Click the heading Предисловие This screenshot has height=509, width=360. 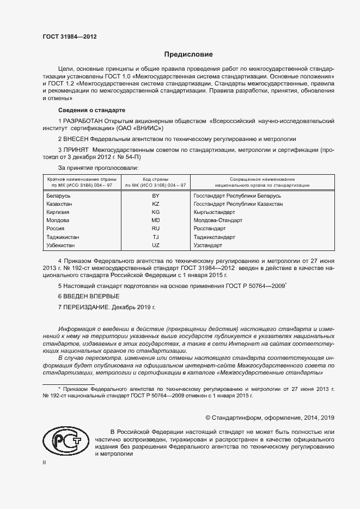pyautogui.click(x=188, y=54)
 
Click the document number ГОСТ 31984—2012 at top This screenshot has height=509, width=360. pyautogui.click(x=70, y=36)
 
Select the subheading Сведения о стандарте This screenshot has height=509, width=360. pyautogui.click(x=91, y=110)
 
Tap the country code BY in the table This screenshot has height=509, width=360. pyautogui.click(x=155, y=195)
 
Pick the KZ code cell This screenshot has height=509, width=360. pyautogui.click(x=155, y=204)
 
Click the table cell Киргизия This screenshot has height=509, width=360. pyautogui.click(x=60, y=212)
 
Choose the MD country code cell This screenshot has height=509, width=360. pyautogui.click(x=155, y=220)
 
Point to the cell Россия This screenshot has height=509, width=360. pyautogui.click(x=56, y=229)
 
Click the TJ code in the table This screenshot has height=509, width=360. pyautogui.click(x=155, y=237)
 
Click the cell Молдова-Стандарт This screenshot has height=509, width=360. pyautogui.click(x=218, y=220)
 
